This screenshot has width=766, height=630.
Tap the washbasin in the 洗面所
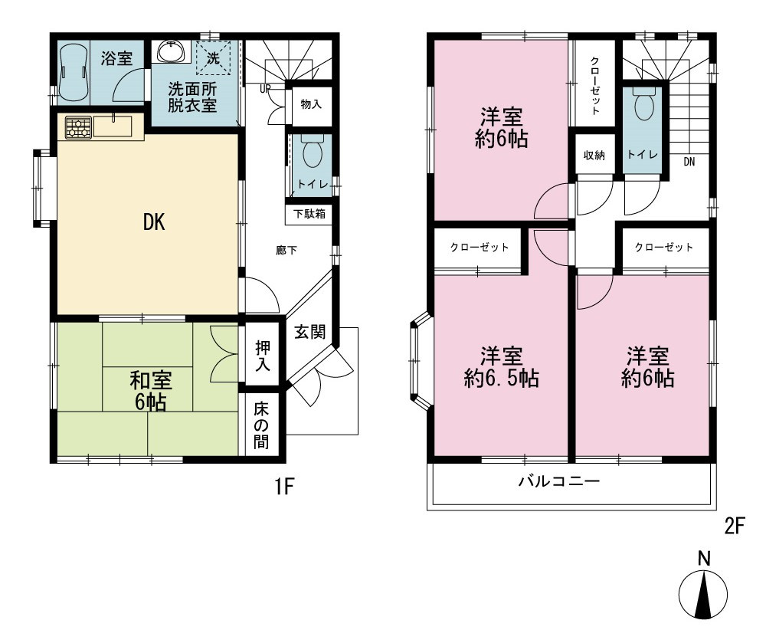172,51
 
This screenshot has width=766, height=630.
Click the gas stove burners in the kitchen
78,127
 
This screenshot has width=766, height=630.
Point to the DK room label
154,222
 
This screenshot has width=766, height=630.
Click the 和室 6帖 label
150,392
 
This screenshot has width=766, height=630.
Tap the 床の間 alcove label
261,425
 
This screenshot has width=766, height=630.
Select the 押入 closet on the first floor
262,356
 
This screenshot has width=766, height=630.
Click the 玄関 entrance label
309,332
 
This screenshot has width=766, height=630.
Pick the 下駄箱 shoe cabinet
309,214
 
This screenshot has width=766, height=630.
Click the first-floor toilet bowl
313,153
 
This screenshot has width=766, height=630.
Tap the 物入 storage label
311,104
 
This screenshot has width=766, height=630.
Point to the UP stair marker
265,90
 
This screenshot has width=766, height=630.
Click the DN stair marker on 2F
689,162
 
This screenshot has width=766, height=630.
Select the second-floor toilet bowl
643,103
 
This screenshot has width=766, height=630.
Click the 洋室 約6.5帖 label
501,367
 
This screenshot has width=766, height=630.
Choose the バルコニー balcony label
559,481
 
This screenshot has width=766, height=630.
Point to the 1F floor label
284,487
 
